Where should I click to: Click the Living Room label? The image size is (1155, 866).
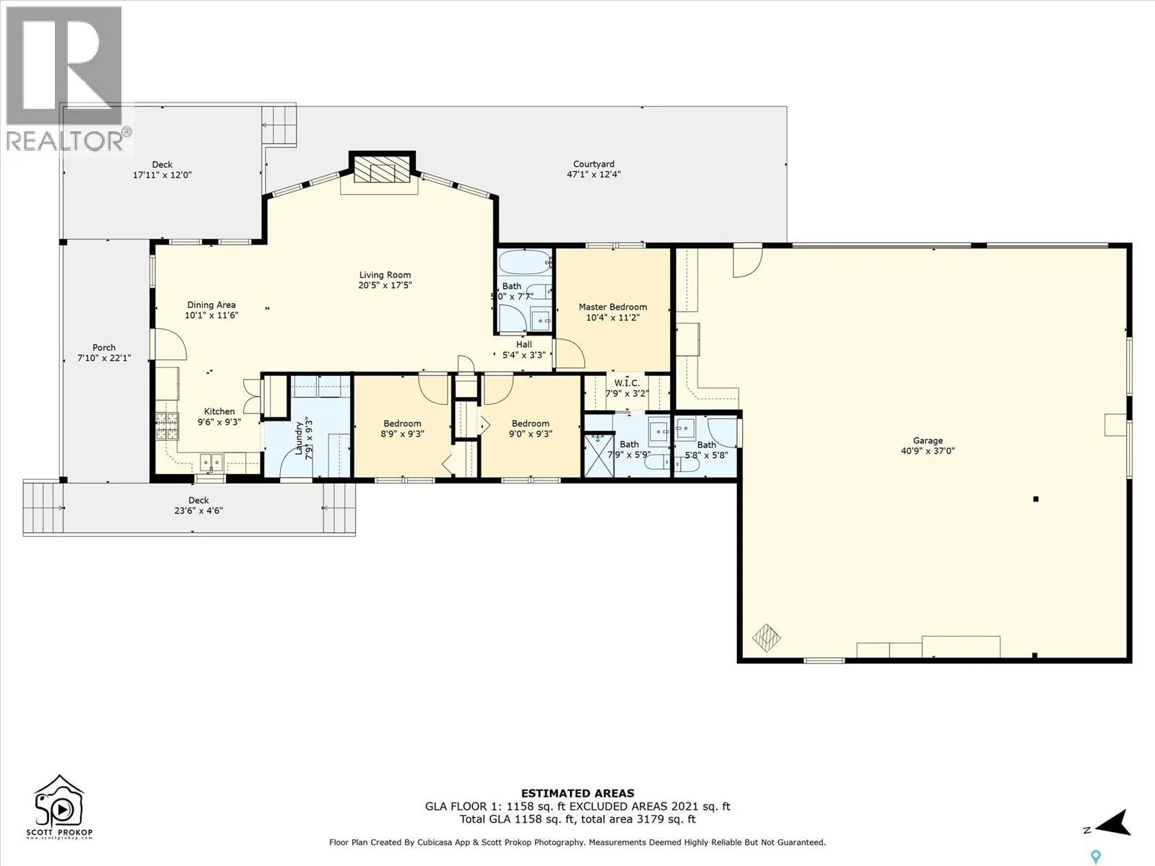[x=385, y=275]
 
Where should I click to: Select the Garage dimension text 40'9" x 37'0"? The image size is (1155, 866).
[x=928, y=450]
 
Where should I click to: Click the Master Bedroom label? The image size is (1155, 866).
[x=612, y=307]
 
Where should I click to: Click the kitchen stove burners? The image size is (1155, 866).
[x=167, y=427]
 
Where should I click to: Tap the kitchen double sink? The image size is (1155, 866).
[x=212, y=463]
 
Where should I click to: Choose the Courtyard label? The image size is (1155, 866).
[x=593, y=164]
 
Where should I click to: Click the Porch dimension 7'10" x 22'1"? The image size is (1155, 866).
[x=104, y=358]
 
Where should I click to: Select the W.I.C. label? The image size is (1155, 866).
[x=627, y=383]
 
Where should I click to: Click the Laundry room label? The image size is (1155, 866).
[x=299, y=438]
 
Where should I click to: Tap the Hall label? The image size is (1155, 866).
[x=523, y=344]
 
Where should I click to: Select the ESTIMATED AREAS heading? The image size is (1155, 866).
[x=577, y=793]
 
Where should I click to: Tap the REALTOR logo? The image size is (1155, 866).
[x=67, y=79]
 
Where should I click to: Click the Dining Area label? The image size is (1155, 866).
[x=212, y=305]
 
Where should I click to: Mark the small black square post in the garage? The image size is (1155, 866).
[x=1036, y=499]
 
